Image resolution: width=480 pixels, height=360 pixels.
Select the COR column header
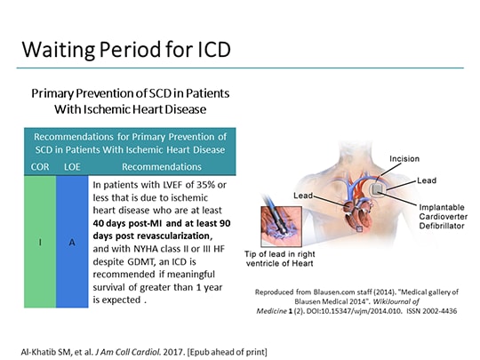(42, 165)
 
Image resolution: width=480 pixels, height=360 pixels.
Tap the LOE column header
(74, 165)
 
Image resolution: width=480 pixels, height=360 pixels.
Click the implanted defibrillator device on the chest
(380, 188)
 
